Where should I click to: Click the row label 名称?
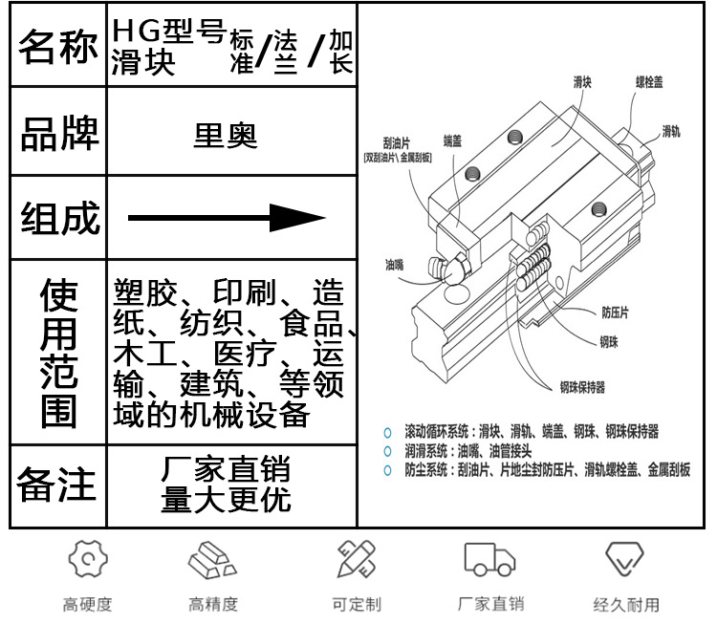coord(58,49)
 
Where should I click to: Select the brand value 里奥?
coord(225,134)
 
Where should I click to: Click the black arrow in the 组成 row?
coord(227,218)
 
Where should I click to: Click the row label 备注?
coord(57,485)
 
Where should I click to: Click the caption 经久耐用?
coord(626,604)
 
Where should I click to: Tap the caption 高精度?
coord(212,604)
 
